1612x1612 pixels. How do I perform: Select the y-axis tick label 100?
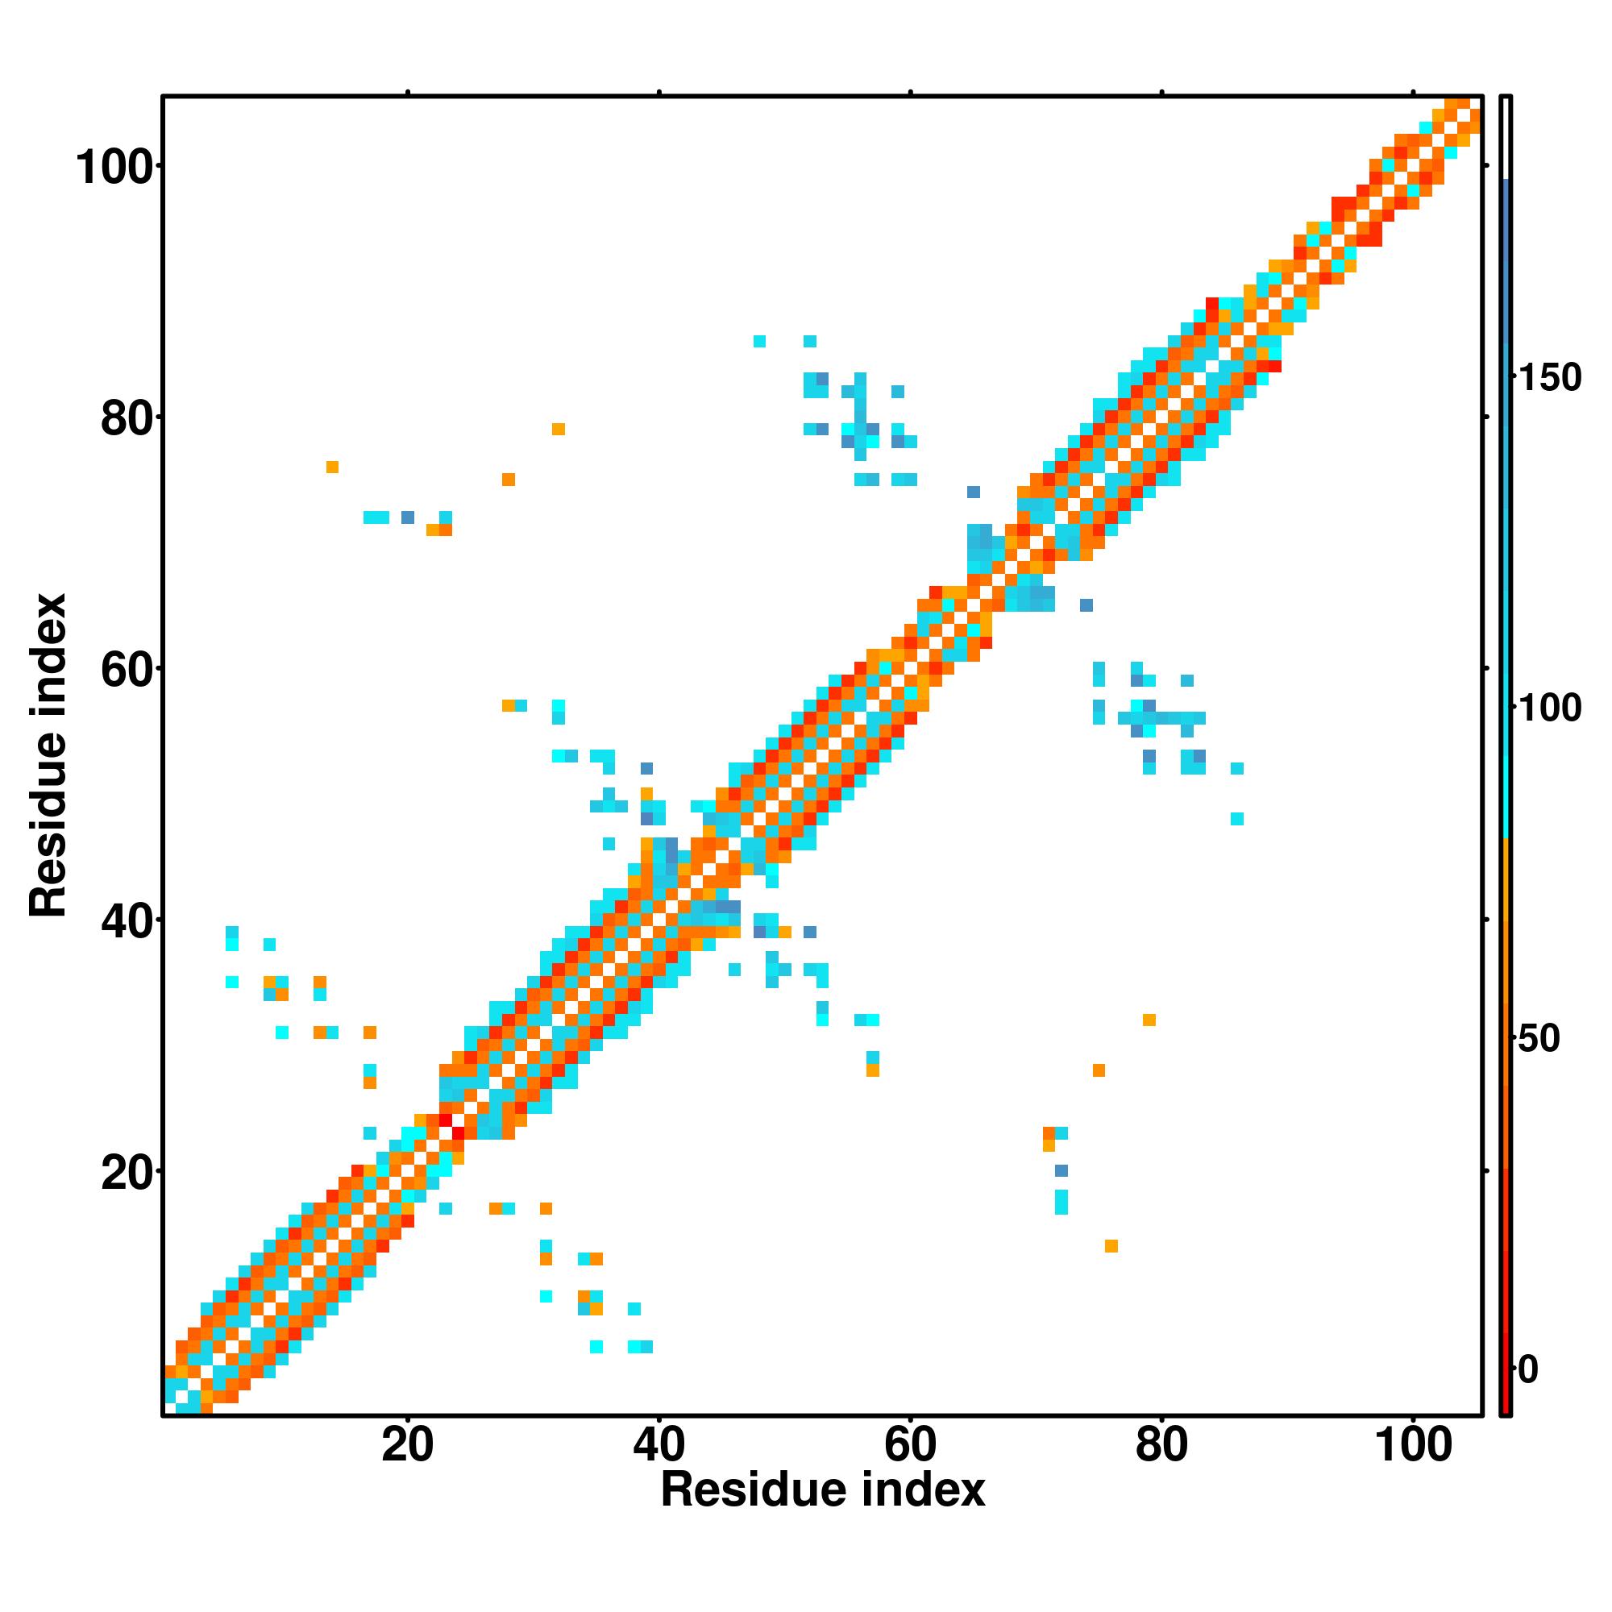[x=117, y=168]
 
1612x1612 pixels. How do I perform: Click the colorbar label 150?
[x=1549, y=378]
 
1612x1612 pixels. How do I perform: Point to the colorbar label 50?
[x=1539, y=1039]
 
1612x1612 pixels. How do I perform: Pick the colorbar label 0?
[x=1528, y=1369]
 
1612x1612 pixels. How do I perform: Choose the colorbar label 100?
[x=1549, y=708]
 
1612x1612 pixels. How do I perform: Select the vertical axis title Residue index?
[x=48, y=755]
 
